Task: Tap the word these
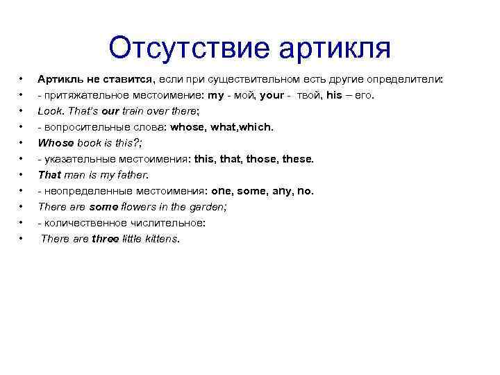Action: tap(297, 159)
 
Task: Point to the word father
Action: tap(133, 175)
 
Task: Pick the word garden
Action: tap(210, 207)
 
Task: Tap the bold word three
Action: tap(106, 239)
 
